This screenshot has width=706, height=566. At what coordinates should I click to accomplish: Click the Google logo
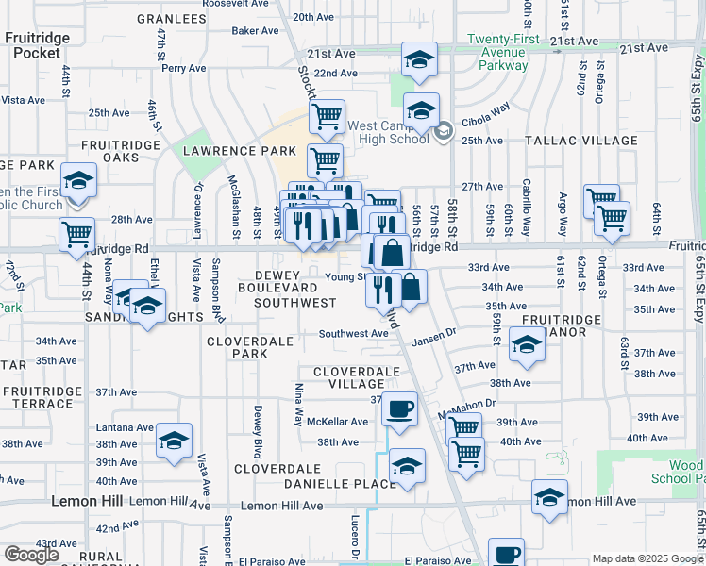pos(31,555)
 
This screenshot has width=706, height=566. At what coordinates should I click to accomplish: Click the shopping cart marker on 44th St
pos(76,233)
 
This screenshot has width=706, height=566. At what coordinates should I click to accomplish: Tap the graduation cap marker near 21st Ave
pos(419,59)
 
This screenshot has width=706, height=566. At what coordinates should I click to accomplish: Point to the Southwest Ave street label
pos(353,334)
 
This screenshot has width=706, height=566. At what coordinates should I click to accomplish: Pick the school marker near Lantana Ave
pos(174,441)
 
